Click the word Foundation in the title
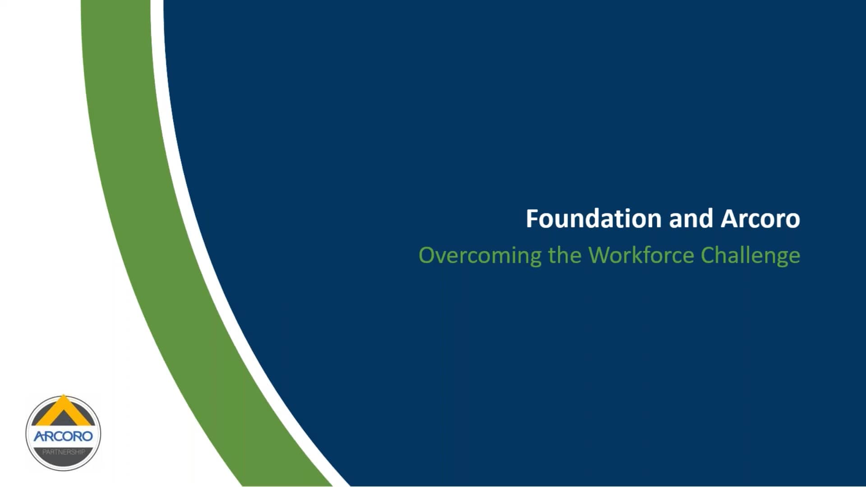point(594,219)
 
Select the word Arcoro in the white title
point(760,219)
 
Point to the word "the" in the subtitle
point(565,255)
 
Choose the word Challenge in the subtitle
point(750,256)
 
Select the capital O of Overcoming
point(427,255)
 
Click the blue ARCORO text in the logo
point(63,436)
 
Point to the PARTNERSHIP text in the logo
point(63,452)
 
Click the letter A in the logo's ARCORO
point(39,436)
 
